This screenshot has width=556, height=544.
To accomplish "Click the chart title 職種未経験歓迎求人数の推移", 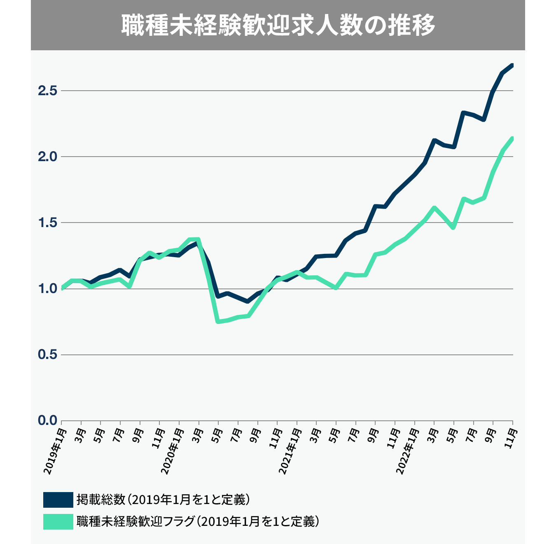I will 278,26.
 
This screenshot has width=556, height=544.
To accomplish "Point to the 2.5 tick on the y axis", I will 47,91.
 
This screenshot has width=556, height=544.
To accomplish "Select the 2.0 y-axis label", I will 47,157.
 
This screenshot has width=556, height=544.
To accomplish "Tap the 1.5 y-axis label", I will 47,223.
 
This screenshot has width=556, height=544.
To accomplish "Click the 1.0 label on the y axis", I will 47,288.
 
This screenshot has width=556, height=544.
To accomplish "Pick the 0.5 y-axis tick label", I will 47,354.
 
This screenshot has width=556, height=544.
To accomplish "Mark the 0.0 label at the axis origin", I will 47,420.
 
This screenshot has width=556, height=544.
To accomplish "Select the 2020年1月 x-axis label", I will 172,451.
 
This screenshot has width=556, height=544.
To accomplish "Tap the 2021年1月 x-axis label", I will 290,451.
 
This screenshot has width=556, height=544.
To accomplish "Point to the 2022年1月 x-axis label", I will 407,451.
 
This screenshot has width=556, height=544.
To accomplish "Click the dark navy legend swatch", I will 58,499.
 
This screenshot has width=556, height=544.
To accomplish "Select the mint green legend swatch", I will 58,521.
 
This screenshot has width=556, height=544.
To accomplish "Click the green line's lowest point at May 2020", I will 218,321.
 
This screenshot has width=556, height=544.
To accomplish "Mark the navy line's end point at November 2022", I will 512,65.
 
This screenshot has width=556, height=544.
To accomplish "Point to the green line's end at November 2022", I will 512,138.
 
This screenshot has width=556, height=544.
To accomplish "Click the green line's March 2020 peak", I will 199,239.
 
